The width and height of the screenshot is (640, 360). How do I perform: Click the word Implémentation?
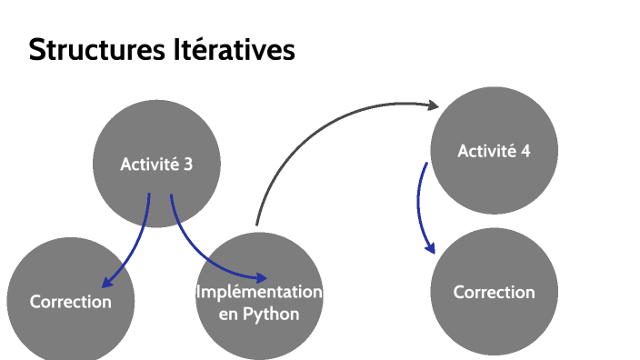click(x=259, y=292)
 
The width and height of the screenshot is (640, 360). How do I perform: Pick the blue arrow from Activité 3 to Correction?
click(x=134, y=245)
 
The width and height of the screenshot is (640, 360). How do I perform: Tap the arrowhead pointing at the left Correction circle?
click(x=107, y=284)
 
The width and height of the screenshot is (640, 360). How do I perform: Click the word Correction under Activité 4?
click(x=494, y=292)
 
